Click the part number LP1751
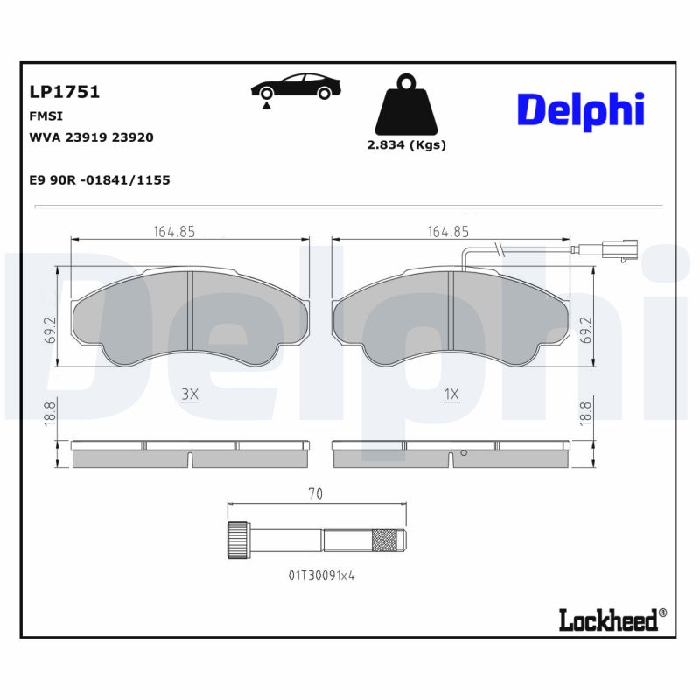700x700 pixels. tap(64, 92)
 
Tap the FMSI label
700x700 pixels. tap(46, 115)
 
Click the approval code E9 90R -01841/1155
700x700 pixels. tap(100, 179)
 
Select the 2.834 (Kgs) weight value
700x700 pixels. tap(406, 145)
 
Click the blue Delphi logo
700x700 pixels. tap(580, 109)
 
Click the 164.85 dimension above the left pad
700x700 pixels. tap(174, 232)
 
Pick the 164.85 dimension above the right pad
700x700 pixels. tap(448, 232)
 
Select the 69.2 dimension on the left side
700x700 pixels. tap(51, 330)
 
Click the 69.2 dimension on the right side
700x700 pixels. tap(584, 330)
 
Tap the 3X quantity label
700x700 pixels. tap(190, 395)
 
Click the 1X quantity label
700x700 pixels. tap(451, 395)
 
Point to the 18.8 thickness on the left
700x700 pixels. tap(51, 411)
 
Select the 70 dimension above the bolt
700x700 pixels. tap(316, 494)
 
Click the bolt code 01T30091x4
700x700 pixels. tap(321, 576)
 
